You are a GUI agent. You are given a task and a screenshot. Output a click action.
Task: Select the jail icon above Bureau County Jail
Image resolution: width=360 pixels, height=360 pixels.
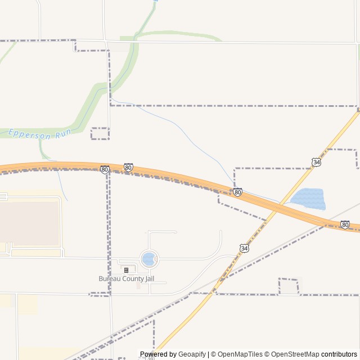(126, 270)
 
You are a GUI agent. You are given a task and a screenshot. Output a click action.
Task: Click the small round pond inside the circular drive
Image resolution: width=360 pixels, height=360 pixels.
(148, 259)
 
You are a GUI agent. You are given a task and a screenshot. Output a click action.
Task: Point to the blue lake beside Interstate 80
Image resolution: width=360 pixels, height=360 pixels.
(308, 199)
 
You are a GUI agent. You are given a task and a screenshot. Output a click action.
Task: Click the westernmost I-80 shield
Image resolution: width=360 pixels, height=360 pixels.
(105, 169)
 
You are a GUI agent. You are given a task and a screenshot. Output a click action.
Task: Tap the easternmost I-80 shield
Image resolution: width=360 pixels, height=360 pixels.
(345, 224)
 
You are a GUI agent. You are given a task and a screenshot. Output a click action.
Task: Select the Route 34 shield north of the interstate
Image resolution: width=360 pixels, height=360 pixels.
(317, 162)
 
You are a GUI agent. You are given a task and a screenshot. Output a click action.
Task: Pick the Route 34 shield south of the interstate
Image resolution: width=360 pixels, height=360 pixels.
(244, 247)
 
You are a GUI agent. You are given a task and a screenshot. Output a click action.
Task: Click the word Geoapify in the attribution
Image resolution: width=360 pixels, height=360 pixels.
(192, 354)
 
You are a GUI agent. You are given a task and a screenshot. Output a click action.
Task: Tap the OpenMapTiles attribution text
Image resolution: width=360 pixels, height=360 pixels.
(240, 354)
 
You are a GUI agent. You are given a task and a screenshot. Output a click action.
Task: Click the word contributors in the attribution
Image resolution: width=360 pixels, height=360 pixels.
(339, 354)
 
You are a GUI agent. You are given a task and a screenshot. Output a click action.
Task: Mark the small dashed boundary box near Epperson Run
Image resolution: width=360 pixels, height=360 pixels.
(100, 133)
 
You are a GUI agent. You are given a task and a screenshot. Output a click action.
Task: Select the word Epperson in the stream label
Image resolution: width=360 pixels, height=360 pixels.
(26, 134)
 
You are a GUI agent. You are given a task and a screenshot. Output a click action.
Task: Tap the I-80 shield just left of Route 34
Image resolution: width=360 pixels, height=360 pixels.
(238, 192)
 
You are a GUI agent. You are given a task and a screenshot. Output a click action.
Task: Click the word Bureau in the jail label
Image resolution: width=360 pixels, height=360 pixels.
(109, 278)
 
